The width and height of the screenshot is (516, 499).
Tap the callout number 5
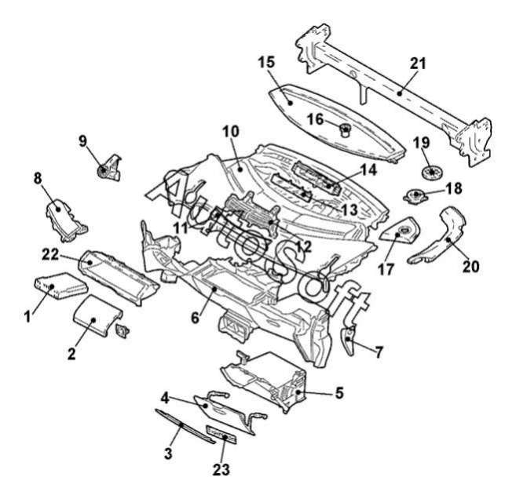[x=339, y=392]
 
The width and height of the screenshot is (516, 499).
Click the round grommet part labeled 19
[x=429, y=170]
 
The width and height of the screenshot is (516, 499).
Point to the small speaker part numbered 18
[x=415, y=195]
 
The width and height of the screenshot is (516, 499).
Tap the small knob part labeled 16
[x=343, y=129]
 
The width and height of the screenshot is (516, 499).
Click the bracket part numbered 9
[x=106, y=166]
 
